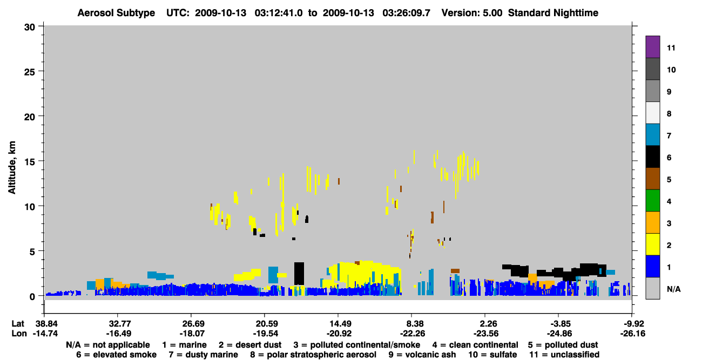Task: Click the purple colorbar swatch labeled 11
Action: coord(652,46)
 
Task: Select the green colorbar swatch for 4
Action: coord(652,201)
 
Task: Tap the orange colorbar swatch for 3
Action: coord(652,222)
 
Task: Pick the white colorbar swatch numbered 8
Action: coord(652,112)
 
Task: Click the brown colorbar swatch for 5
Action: coord(652,179)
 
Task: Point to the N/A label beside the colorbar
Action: coord(673,289)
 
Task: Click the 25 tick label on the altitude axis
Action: coord(30,72)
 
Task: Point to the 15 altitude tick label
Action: coord(30,162)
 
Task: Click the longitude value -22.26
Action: coord(413,334)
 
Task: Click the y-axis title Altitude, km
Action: coord(12,167)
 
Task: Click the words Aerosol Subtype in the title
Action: coord(116,13)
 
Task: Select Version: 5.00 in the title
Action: coord(472,13)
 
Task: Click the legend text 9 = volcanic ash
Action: coord(422,355)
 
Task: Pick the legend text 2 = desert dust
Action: coord(250,345)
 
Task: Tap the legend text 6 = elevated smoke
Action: coord(116,355)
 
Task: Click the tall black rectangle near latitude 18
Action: coord(299,274)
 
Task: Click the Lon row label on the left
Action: coord(19,334)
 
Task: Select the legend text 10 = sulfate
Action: coord(492,355)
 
